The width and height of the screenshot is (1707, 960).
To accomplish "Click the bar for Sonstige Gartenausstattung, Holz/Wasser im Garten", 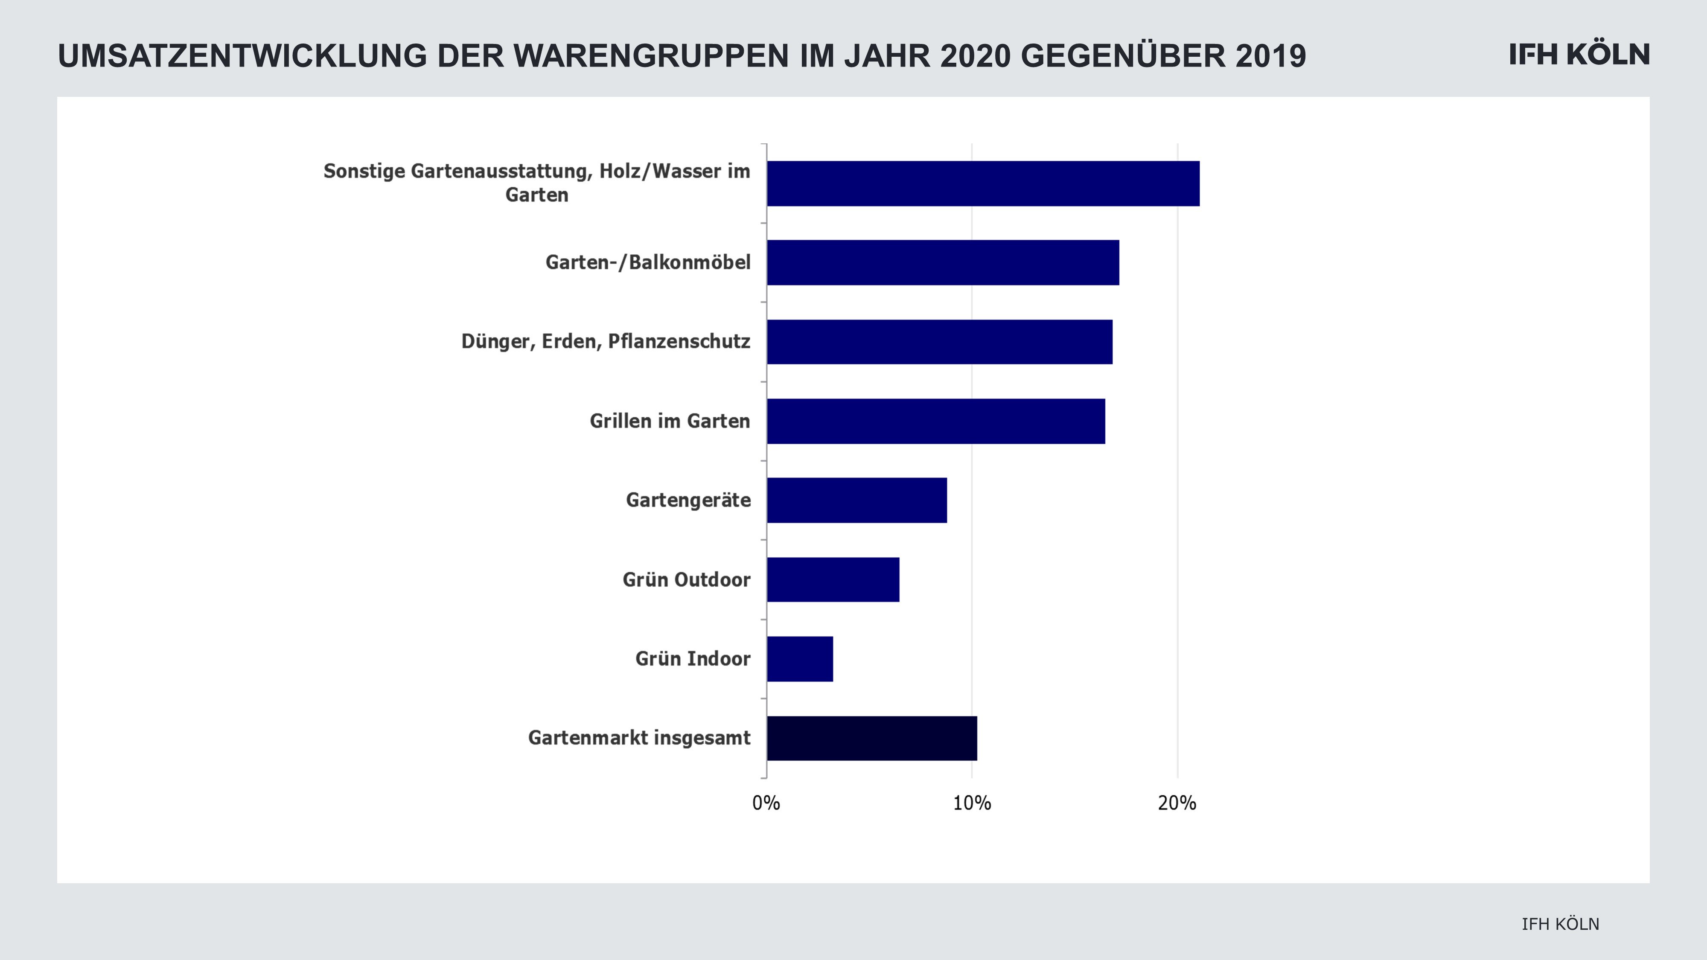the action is pos(983,183).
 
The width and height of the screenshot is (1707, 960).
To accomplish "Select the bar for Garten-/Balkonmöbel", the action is pos(943,262).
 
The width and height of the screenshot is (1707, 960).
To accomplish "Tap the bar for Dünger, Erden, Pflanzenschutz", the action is pos(940,342).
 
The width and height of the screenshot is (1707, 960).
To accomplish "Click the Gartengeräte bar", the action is pos(857,500).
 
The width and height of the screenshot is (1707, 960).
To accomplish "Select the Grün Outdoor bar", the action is pos(833,580).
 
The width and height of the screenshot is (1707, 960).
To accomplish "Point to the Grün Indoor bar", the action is pos(800,658).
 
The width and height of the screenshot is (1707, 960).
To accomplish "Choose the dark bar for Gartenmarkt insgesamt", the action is pos(872,738).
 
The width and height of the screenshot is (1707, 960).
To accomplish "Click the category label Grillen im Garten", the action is pos(670,422).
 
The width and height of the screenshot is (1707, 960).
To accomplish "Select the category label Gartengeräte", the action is pos(688,500).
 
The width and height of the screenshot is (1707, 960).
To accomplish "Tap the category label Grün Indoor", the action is pos(693,658).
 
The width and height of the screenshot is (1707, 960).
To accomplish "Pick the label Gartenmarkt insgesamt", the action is pos(639,738).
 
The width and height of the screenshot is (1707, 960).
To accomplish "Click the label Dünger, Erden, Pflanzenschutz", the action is pos(606,342).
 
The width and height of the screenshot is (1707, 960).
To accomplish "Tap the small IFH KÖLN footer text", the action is pos(1561,924).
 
